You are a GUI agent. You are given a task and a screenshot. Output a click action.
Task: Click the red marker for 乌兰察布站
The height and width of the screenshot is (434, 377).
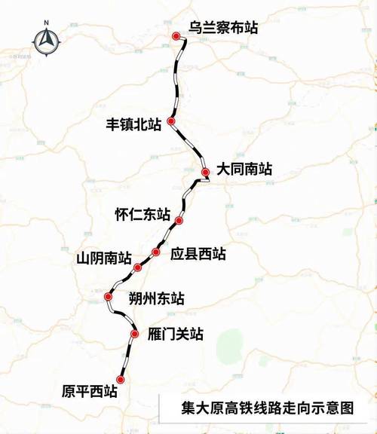coord(176,36)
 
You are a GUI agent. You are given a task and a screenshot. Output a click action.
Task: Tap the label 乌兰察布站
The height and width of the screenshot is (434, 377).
coord(224,28)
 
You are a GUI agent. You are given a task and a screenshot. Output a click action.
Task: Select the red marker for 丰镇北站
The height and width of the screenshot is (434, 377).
coord(172,121)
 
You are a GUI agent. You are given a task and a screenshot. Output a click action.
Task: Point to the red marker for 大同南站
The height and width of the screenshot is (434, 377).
coord(205,173)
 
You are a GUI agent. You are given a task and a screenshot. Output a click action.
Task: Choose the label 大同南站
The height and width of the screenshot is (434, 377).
coord(244,170)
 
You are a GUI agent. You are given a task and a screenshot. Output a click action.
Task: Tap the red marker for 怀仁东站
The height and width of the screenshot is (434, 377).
coord(179,220)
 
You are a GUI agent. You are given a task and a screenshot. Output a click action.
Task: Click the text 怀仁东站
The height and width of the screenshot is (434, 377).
coord(142,214)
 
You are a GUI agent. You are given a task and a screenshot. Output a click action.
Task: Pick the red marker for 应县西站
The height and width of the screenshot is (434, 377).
coord(156,252)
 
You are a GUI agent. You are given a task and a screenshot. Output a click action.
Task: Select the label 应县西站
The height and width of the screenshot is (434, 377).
coord(198,255)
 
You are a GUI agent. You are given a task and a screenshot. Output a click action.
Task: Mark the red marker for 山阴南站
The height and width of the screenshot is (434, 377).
coord(137,267)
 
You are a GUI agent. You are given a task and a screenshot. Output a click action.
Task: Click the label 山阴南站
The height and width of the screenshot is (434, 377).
coord(104,258)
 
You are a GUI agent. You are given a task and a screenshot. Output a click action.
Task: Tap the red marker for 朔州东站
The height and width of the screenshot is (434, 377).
coord(109,298)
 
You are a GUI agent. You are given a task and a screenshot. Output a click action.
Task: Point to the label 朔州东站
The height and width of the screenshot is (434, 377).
coord(156,299)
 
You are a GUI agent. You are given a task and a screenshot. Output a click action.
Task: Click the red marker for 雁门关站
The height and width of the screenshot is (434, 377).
coord(135,334)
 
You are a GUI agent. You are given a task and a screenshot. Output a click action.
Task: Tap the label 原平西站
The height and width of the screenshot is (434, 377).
coord(89,391)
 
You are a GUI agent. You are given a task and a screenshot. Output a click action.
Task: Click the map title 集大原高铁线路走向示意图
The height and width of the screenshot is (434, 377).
coord(267,408)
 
